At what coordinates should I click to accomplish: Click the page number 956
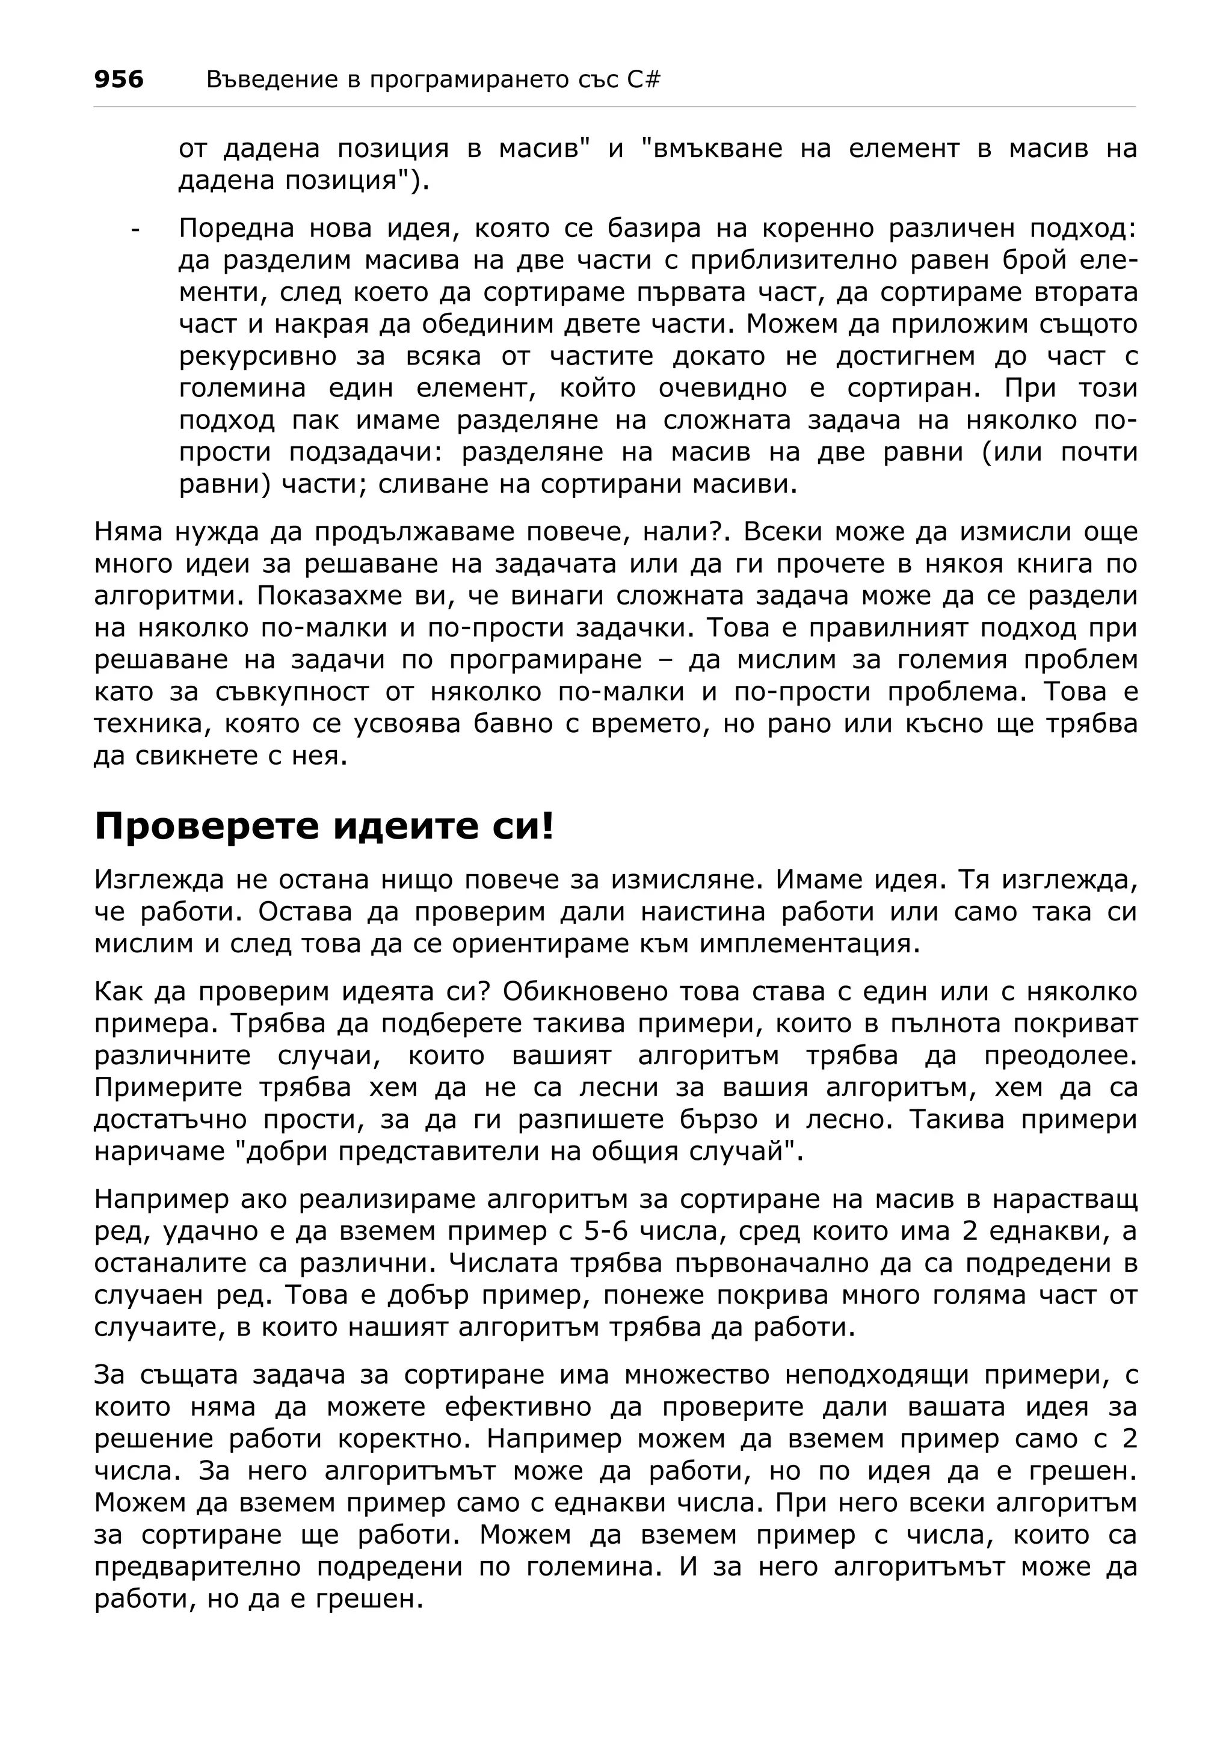pos(119,79)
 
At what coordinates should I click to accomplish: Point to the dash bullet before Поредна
pos(136,229)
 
